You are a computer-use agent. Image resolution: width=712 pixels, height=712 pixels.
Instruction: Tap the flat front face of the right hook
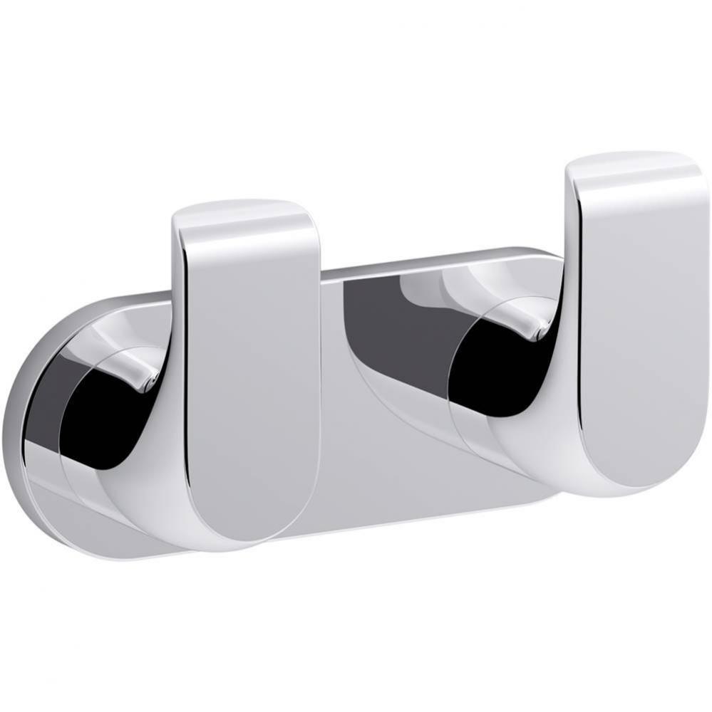[x=641, y=320]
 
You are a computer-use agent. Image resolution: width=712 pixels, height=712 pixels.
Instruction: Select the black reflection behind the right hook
[x=492, y=370]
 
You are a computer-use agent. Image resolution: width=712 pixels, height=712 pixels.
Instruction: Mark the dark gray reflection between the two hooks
[x=385, y=320]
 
